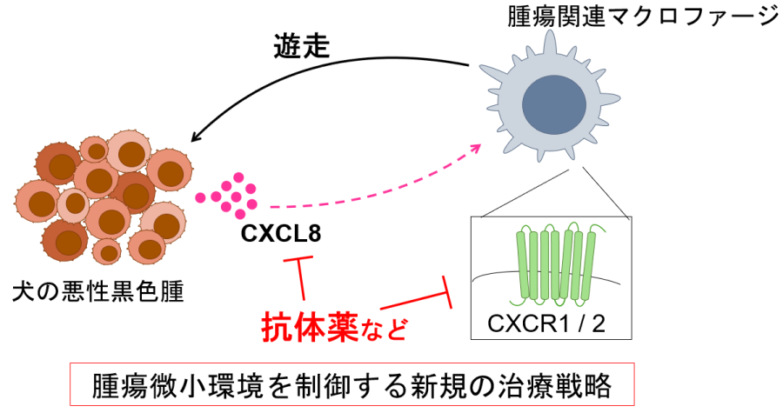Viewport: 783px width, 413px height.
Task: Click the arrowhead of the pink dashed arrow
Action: pyautogui.click(x=476, y=149)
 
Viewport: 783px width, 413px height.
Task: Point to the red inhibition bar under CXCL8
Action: pyautogui.click(x=300, y=262)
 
